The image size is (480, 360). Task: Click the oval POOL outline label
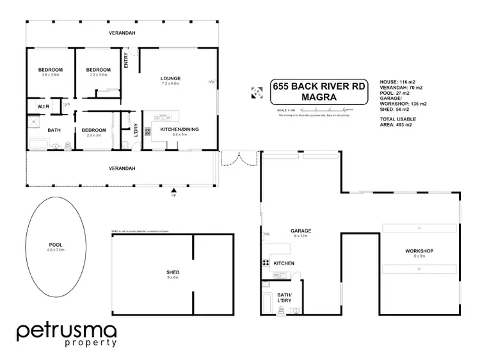pyautogui.click(x=56, y=245)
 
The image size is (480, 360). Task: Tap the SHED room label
pyautogui.click(x=173, y=272)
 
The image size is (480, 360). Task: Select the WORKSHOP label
pyautogui.click(x=419, y=250)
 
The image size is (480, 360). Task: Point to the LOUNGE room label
pyautogui.click(x=170, y=79)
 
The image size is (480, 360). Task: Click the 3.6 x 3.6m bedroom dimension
pyautogui.click(x=50, y=76)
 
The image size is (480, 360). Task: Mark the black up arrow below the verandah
pyautogui.click(x=173, y=190)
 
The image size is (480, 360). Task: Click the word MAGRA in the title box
pyautogui.click(x=318, y=97)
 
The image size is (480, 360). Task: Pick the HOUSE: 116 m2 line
pyautogui.click(x=395, y=83)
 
